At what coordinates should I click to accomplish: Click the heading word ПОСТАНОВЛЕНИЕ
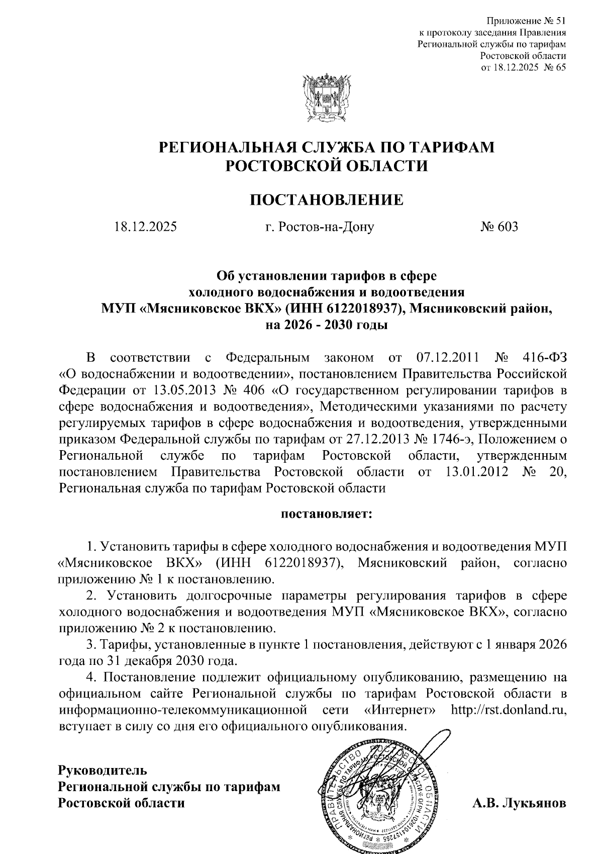[x=327, y=200]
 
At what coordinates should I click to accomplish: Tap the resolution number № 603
[x=498, y=227]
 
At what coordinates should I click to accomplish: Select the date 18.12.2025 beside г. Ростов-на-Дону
[x=145, y=227]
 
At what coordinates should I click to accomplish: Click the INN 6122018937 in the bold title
[x=343, y=309]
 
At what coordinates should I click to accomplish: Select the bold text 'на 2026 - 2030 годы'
[x=327, y=325]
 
